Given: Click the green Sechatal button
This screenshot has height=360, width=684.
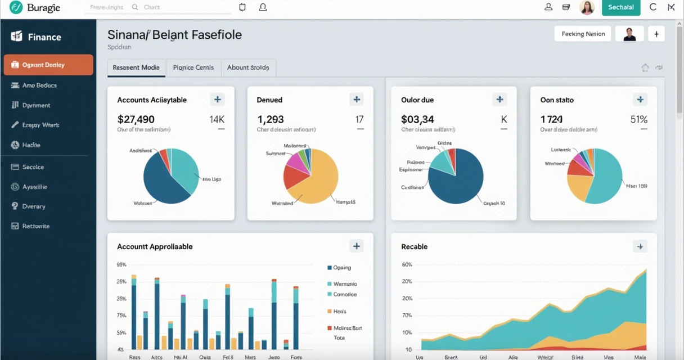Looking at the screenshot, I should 621,7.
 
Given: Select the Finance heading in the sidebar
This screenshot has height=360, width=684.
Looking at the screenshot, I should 44,37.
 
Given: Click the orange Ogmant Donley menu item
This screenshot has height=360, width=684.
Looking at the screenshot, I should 48,65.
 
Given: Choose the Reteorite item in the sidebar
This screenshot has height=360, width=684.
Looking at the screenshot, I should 35,226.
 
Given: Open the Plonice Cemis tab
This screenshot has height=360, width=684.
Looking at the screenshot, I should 193,67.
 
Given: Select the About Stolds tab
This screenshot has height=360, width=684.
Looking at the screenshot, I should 247,67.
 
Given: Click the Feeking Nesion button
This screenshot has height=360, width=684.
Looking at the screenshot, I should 583,34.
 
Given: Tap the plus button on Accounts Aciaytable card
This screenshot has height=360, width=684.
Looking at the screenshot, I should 217,100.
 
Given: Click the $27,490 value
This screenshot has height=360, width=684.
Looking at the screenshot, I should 136,119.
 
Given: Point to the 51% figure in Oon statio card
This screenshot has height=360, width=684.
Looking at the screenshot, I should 638,119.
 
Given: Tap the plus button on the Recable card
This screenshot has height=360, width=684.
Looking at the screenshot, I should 640,246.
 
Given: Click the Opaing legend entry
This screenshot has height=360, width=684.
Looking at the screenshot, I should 341,268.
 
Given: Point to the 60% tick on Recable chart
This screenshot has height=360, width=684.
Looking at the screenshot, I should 407,264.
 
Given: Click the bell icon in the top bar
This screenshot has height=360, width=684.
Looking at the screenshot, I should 263,7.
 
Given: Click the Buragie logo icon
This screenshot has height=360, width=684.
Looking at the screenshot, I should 16,7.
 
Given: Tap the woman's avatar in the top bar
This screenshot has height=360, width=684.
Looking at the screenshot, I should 587,7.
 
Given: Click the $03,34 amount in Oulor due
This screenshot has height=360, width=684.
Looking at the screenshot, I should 417,119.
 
